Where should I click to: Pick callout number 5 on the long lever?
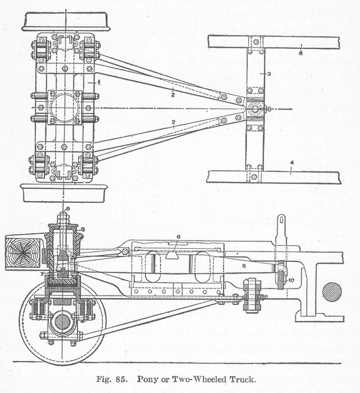(x=243, y=267)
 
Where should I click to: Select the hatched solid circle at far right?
(x=332, y=292)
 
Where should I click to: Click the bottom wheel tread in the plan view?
(x=64, y=193)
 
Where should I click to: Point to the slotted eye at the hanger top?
(x=281, y=223)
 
